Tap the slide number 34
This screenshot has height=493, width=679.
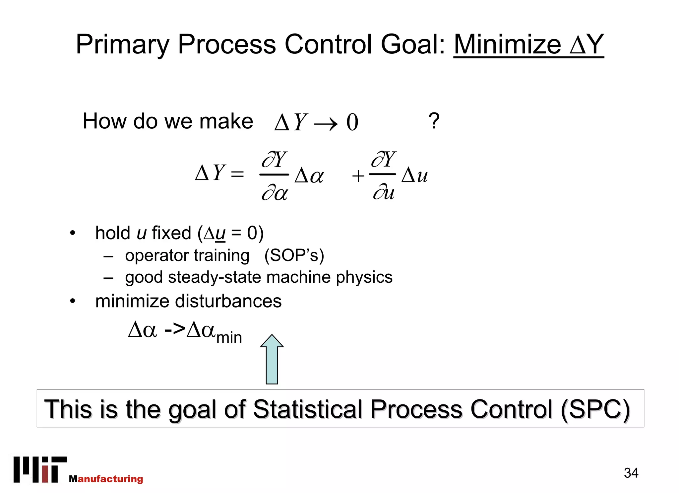coord(631,473)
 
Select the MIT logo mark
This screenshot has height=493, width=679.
coord(40,469)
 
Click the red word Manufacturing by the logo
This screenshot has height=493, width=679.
coord(106,479)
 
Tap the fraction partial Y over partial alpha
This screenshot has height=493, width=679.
coord(275,175)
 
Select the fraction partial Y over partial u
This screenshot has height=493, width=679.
coord(383,175)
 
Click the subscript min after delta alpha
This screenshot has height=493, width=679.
coord(229,338)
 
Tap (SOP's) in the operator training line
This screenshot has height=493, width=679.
coord(294,256)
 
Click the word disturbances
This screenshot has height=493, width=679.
coord(228,301)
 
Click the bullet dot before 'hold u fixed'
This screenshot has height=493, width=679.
coord(73,233)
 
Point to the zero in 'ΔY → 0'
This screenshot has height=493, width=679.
coord(352,122)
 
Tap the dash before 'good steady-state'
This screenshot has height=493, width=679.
coord(108,278)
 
